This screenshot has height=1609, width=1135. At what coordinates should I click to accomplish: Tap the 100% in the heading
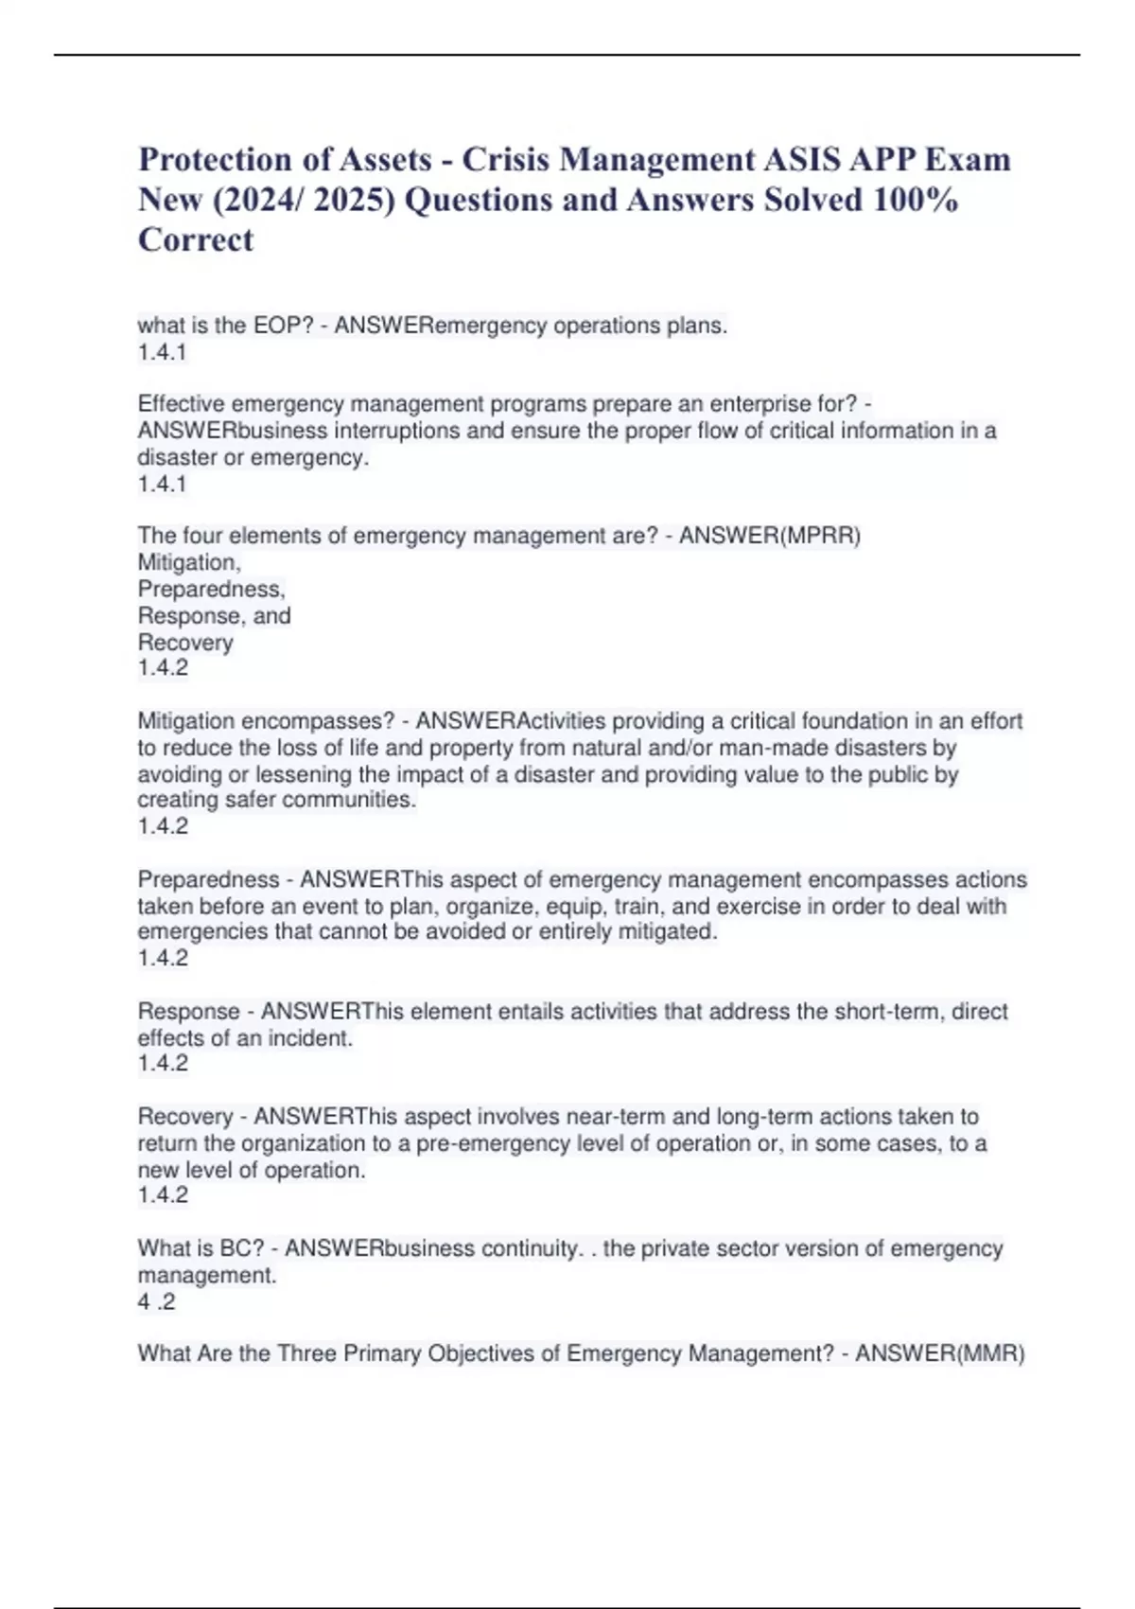[916, 200]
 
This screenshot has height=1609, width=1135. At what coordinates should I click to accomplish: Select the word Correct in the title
[196, 240]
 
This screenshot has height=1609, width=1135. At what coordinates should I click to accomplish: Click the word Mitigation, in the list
[189, 562]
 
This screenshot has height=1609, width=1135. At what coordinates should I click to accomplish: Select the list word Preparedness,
[211, 589]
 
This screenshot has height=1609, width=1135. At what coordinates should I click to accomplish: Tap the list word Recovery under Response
[185, 643]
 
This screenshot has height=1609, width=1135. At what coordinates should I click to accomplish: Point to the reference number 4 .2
[156, 1302]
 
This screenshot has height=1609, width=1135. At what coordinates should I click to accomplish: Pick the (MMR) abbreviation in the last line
[991, 1353]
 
